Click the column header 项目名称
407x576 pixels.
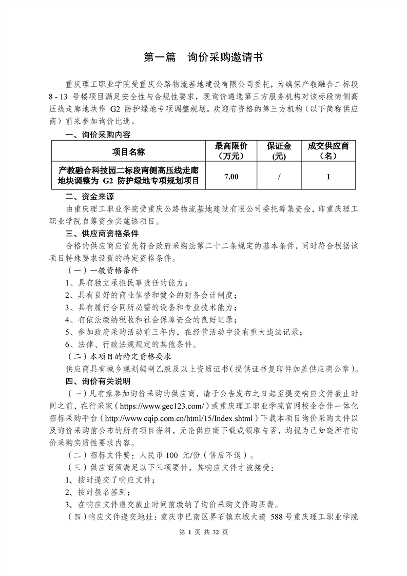129,151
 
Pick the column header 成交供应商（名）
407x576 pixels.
328,151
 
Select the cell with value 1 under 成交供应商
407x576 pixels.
328,176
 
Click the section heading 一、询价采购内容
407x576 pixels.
98,136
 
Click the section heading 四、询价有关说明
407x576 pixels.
98,381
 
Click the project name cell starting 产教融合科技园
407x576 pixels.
129,176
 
